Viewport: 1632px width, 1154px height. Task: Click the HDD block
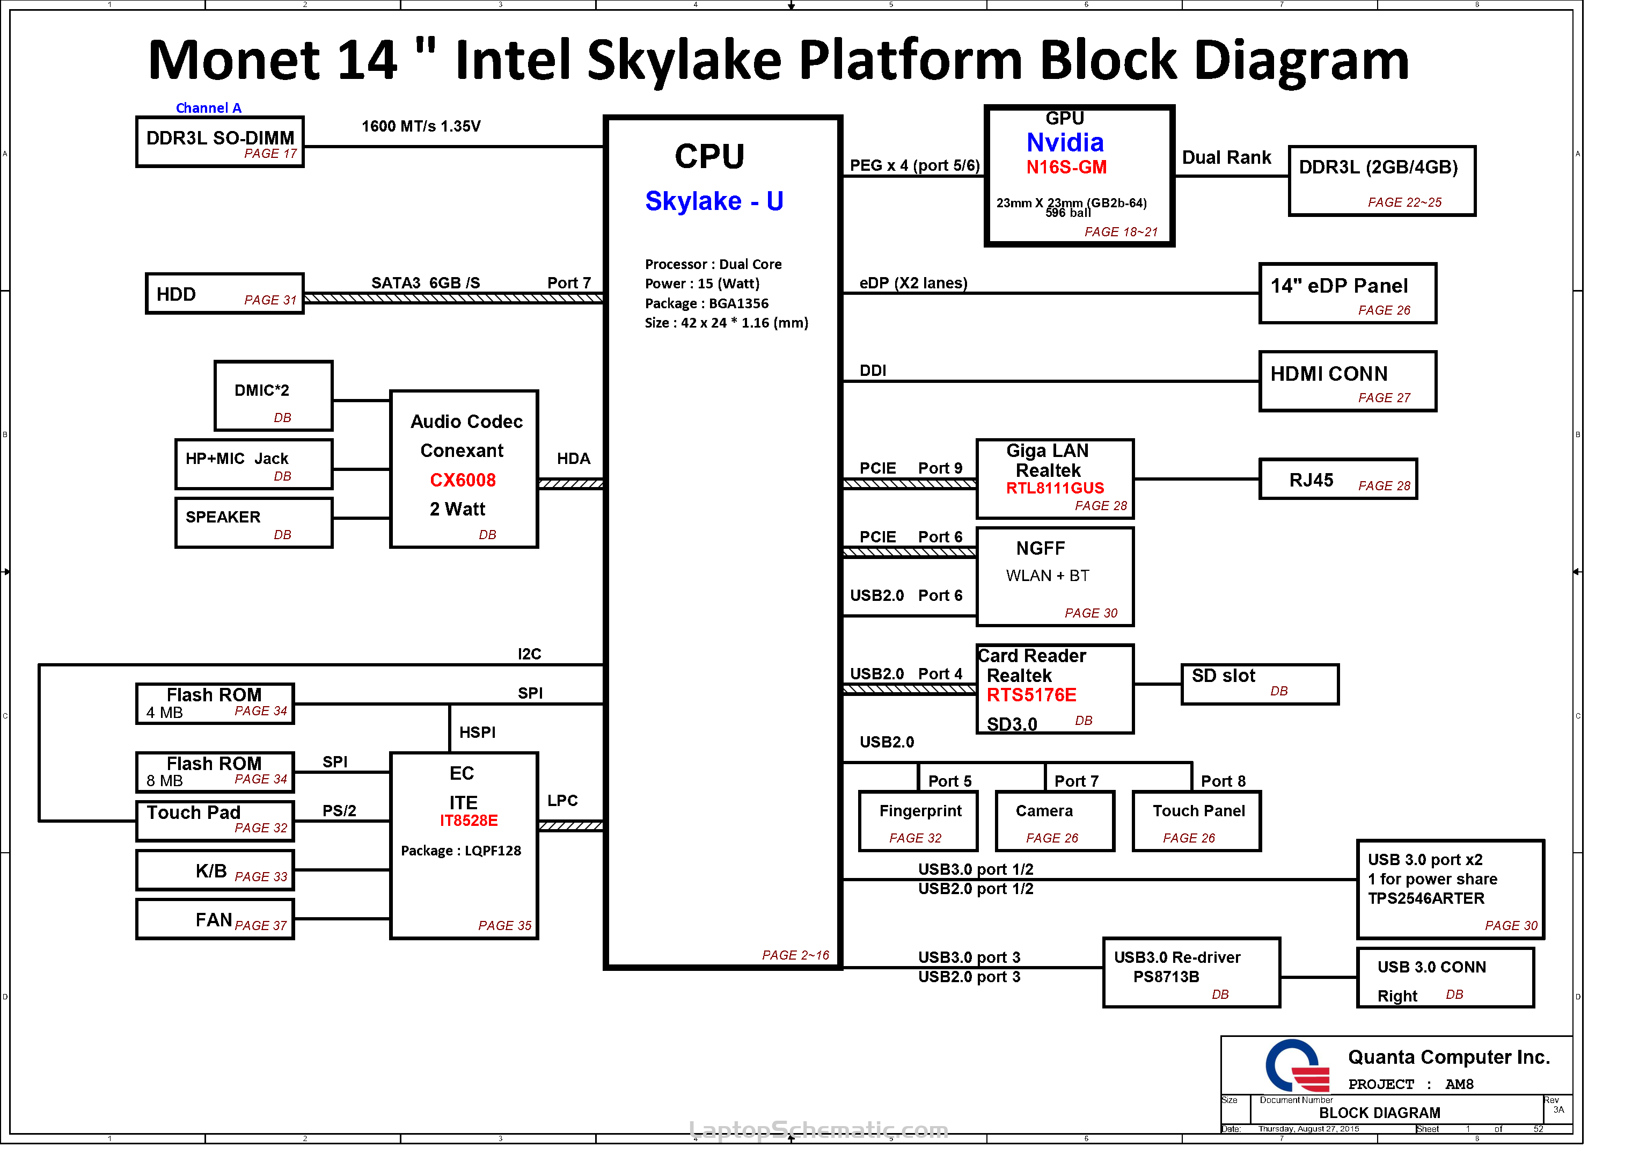click(x=225, y=294)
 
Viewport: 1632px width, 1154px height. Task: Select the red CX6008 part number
click(x=463, y=480)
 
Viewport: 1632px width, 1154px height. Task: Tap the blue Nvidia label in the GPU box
click(x=1065, y=143)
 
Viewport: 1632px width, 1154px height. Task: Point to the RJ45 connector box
click(x=1338, y=479)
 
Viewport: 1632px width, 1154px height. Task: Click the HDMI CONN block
click(x=1348, y=381)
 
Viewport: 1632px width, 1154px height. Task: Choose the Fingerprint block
click(x=918, y=821)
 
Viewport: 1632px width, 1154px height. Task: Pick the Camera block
click(x=1055, y=821)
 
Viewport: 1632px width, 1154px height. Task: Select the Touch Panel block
click(x=1197, y=821)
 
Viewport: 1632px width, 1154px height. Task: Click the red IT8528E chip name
click(x=469, y=821)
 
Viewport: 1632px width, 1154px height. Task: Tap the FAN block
click(x=215, y=919)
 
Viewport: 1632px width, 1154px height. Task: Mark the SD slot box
click(x=1260, y=685)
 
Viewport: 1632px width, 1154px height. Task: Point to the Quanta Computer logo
click(x=1297, y=1066)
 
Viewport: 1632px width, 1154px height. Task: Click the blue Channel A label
click(x=208, y=108)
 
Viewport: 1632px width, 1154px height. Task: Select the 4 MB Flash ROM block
click(x=215, y=704)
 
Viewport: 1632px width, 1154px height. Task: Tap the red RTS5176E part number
click(x=1031, y=695)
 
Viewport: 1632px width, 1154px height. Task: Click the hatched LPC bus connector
click(x=571, y=825)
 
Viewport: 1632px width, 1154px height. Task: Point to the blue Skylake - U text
click(x=714, y=201)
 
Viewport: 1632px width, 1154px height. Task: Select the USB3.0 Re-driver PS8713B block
click(x=1191, y=972)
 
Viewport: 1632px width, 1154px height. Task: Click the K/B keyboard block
click(x=215, y=870)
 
